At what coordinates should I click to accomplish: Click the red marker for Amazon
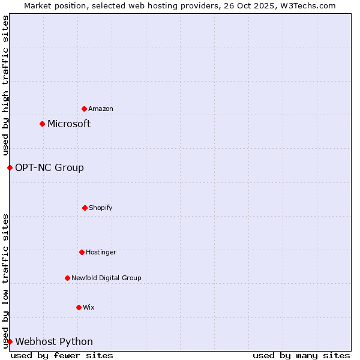84,109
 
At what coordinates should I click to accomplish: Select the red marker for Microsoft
42,124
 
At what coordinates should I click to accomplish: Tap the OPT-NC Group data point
10,167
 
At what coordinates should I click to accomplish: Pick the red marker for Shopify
85,208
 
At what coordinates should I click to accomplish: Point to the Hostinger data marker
82,252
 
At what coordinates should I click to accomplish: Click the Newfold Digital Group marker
67,278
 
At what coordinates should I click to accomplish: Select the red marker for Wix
79,307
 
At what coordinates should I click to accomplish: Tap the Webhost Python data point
10,341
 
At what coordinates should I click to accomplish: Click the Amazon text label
101,109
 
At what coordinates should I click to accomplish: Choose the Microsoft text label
69,124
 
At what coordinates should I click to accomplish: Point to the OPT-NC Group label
49,167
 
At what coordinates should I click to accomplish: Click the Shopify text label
101,208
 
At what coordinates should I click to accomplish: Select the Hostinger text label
101,252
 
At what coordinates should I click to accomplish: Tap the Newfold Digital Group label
106,278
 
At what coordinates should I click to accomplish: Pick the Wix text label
89,307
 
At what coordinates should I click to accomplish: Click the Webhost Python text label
54,341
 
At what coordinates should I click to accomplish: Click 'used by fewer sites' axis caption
62,355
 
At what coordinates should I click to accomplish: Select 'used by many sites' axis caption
301,355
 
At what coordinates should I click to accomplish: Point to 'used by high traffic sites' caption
5,85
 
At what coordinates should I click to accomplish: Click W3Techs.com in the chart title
308,5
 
